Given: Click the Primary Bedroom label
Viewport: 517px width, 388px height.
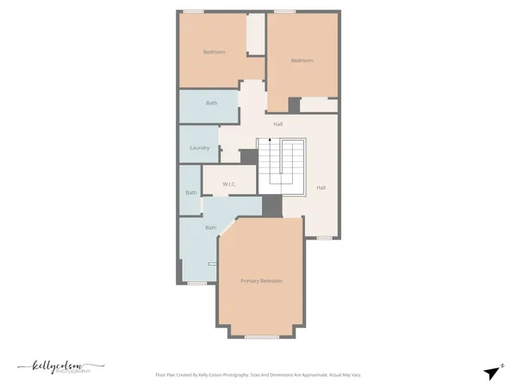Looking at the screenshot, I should [x=261, y=281].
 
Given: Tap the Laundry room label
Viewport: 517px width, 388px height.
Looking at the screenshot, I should [x=199, y=147].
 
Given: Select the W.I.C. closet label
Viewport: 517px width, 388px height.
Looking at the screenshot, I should [x=229, y=184].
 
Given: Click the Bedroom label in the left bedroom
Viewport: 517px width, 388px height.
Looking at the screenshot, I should [x=214, y=53].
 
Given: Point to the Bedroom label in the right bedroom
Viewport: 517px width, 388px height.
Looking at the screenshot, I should [x=301, y=60].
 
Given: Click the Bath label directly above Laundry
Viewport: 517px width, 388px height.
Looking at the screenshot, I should [x=211, y=103].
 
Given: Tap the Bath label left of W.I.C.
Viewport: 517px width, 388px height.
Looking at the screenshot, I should [x=190, y=192].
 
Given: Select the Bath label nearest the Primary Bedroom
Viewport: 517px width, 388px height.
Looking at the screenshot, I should [x=210, y=228].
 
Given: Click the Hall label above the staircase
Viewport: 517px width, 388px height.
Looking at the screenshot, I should [x=277, y=124].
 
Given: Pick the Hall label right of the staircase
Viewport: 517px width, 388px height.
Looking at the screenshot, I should [x=321, y=187].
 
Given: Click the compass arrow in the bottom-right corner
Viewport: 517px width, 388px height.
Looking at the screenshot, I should [x=492, y=372].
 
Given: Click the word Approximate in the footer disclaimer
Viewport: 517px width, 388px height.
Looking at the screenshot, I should [x=313, y=375].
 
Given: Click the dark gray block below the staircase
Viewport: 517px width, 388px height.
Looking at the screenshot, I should [x=271, y=205].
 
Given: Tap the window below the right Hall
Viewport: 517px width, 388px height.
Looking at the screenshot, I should [x=324, y=237].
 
